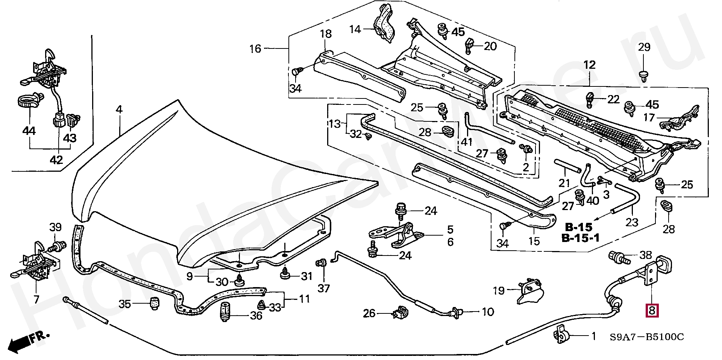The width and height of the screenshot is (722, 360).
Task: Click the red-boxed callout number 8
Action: (652, 311)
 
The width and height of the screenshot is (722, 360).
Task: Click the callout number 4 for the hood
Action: (119, 110)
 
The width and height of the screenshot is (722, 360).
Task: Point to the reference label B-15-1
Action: (580, 238)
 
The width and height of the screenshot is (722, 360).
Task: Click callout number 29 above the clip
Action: (644, 47)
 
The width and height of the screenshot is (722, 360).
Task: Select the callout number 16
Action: (255, 49)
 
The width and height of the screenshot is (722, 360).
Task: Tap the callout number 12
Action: (589, 65)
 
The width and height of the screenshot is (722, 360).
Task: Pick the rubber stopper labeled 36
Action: (225, 312)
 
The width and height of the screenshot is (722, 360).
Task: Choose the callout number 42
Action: (56, 160)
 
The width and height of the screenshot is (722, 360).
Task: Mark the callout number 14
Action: (355, 29)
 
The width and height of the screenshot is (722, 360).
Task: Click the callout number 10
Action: (488, 312)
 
